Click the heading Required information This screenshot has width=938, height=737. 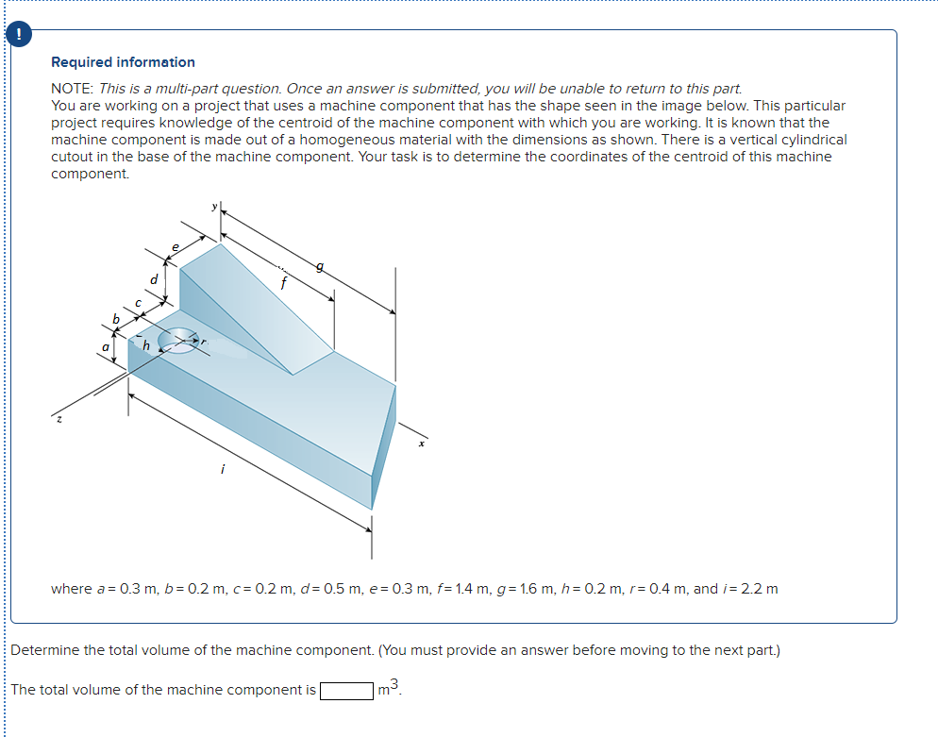click(x=123, y=62)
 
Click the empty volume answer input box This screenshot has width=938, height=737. click(x=346, y=690)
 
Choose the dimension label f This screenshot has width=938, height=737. click(x=281, y=280)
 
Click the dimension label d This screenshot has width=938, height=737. click(x=154, y=279)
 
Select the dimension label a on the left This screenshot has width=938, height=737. click(x=106, y=348)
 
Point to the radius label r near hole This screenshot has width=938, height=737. click(x=205, y=342)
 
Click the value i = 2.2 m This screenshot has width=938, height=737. click(x=752, y=589)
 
